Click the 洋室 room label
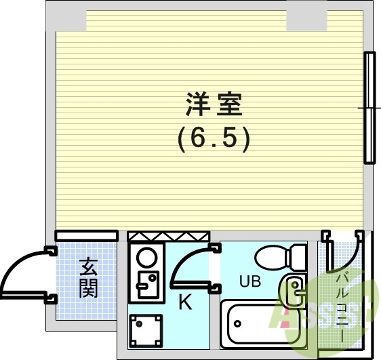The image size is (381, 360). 214,105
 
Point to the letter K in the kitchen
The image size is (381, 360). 184,303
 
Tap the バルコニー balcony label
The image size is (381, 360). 342,305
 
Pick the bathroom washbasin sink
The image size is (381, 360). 295,292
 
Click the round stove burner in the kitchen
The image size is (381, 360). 146,258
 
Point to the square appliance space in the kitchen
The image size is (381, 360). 146,330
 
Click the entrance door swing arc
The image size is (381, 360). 24,271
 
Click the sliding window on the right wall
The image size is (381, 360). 369,108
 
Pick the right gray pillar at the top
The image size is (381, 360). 306,17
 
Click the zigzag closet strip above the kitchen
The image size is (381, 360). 167,236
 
